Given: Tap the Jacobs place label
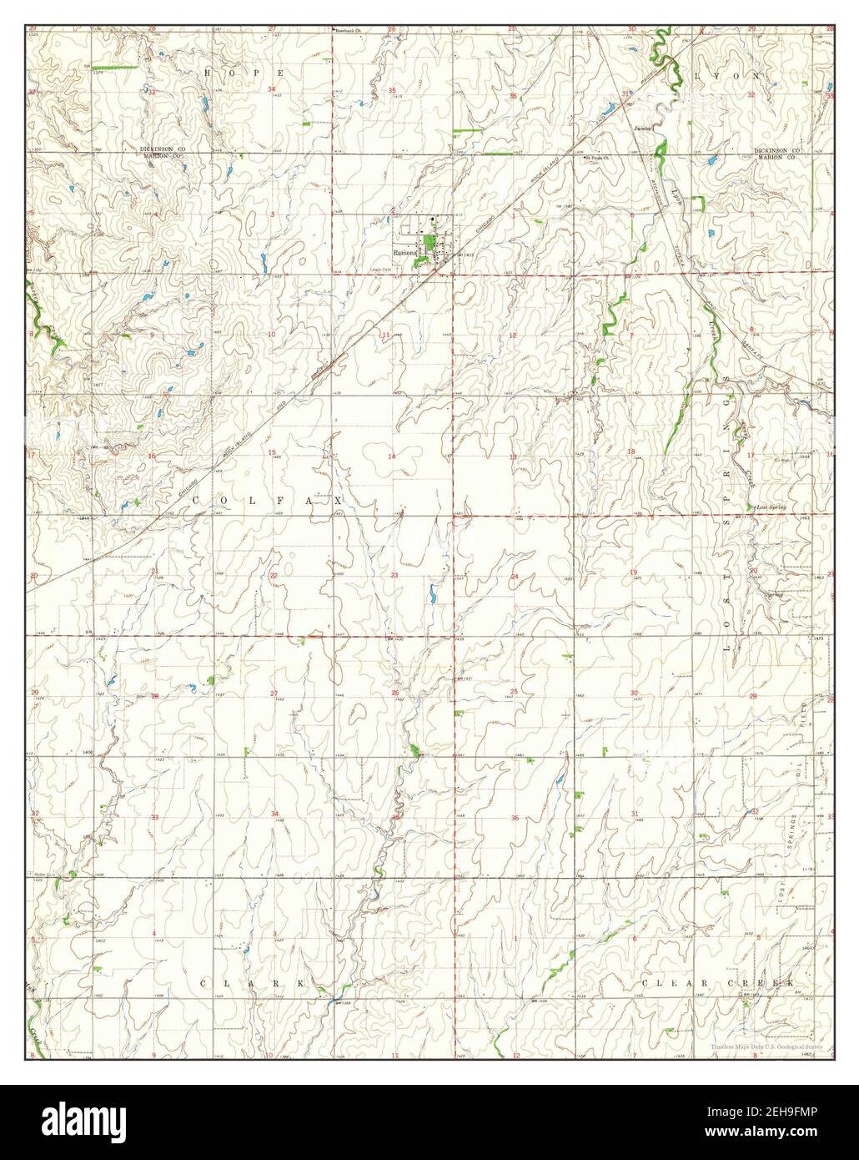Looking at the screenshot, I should [x=641, y=129].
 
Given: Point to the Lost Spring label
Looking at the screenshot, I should [x=769, y=507].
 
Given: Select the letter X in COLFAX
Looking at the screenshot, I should [x=338, y=500].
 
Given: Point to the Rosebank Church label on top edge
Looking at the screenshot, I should [x=348, y=31].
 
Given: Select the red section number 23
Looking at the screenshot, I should [x=394, y=576].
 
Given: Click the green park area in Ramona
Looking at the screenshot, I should [x=429, y=248].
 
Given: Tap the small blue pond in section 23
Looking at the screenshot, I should [x=431, y=595].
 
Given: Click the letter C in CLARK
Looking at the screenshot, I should [x=205, y=985].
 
